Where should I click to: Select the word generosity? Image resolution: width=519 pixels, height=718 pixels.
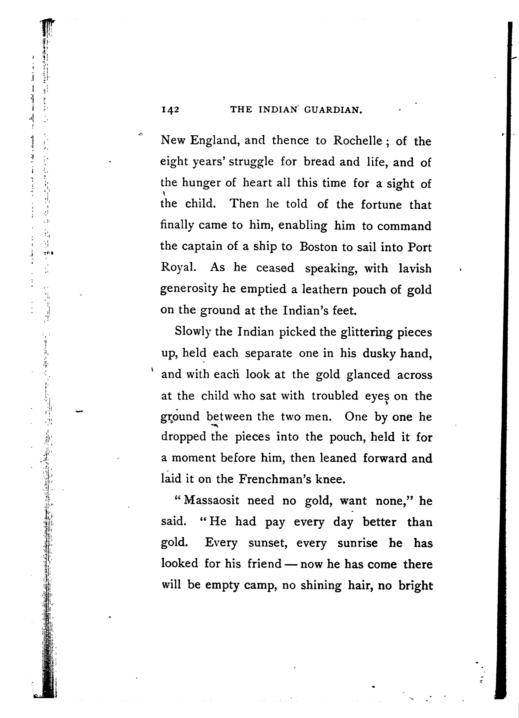[x=189, y=289]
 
